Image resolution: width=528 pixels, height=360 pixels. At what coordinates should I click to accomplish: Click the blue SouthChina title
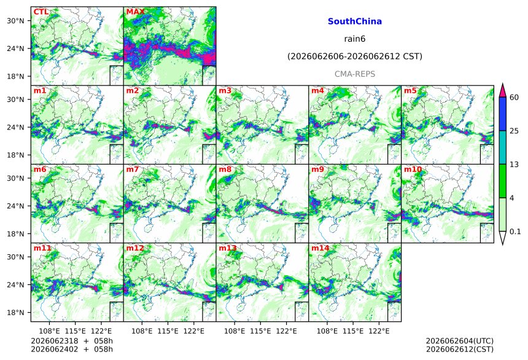(355, 22)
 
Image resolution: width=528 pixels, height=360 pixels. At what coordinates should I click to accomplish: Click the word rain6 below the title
(355, 39)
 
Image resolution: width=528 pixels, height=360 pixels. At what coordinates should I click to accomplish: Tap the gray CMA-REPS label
(355, 74)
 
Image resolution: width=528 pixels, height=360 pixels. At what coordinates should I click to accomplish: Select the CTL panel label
(41, 12)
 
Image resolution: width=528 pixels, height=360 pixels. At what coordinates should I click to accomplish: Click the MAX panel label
(135, 12)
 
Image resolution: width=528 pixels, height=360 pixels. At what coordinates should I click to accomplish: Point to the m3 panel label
(225, 91)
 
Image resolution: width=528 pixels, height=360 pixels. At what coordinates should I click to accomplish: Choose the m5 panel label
(410, 91)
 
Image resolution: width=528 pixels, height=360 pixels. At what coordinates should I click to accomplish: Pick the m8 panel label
(225, 169)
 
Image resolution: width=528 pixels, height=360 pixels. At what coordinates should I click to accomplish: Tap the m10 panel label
(413, 169)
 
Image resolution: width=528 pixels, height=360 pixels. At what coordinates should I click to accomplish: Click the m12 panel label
(135, 248)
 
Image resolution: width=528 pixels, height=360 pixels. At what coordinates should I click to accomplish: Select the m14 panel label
(320, 248)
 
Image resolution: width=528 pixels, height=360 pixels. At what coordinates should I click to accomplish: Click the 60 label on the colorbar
(514, 98)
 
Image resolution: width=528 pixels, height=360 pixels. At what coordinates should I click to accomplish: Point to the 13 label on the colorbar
(514, 165)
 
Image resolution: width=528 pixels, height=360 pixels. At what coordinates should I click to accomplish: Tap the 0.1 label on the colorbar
(515, 231)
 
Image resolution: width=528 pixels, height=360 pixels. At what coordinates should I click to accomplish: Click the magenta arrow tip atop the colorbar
(502, 84)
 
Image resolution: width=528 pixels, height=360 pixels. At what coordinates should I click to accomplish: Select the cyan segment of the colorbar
(502, 147)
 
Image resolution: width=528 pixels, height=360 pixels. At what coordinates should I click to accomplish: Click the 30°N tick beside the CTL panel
(15, 20)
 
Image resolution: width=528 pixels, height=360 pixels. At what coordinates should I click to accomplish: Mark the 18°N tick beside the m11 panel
(15, 313)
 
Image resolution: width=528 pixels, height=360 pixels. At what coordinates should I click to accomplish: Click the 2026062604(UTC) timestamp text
(460, 342)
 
